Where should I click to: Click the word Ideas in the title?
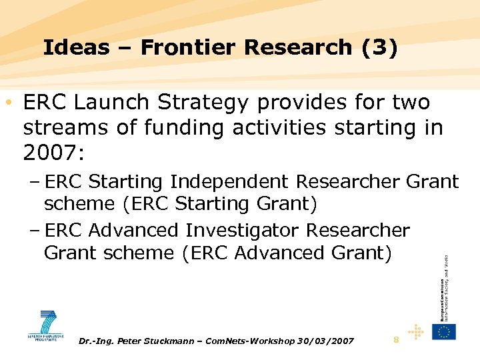(67, 47)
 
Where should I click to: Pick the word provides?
(306, 104)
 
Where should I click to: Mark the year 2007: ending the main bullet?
(53, 153)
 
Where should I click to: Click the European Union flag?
(443, 332)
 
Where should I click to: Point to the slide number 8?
(396, 341)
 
